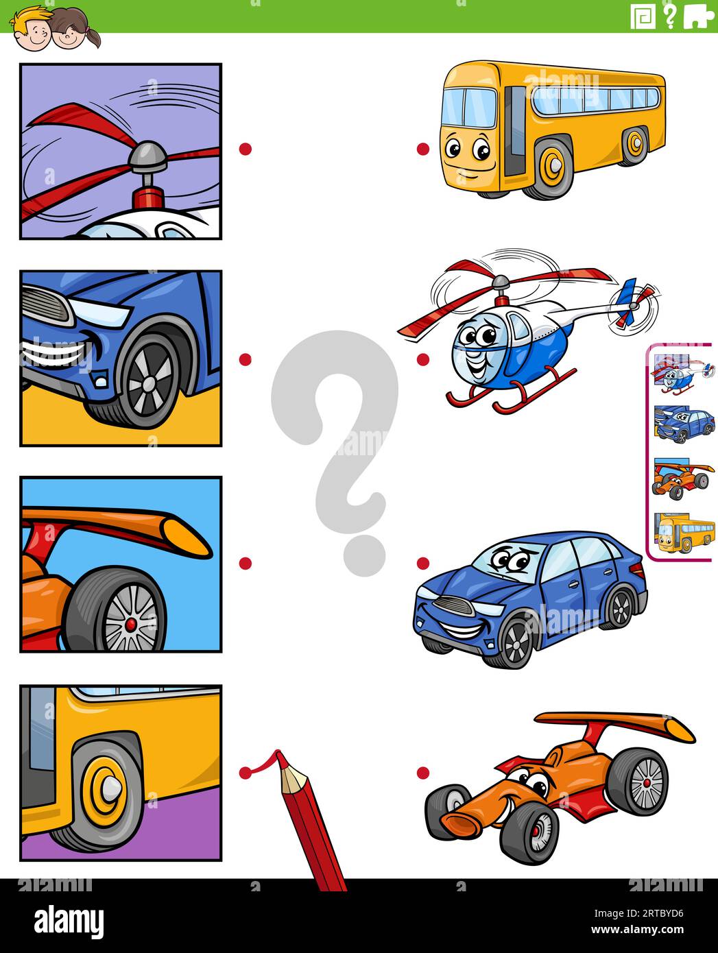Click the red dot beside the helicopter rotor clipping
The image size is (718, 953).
(x=246, y=149)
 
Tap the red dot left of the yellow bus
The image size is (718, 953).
(x=423, y=149)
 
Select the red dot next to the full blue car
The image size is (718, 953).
(x=423, y=563)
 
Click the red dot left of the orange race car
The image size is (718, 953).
(x=423, y=773)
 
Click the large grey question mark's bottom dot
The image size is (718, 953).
(x=363, y=555)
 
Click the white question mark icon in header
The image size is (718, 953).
(x=670, y=16)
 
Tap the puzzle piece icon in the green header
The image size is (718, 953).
(x=698, y=16)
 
